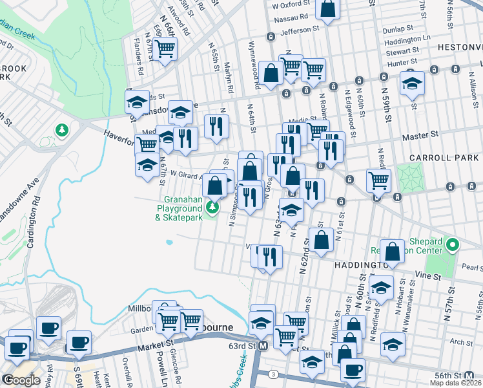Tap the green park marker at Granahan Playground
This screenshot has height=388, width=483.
212,208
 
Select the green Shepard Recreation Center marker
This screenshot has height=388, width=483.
453,245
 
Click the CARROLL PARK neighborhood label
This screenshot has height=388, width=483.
445,157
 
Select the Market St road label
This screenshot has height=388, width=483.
155,349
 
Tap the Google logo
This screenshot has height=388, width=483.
21,380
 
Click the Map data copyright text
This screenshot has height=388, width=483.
455,383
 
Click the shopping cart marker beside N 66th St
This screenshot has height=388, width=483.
165,48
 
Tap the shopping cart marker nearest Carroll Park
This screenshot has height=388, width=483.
378,180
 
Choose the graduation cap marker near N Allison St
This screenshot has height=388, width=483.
412,84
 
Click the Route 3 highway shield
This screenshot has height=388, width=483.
274,374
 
